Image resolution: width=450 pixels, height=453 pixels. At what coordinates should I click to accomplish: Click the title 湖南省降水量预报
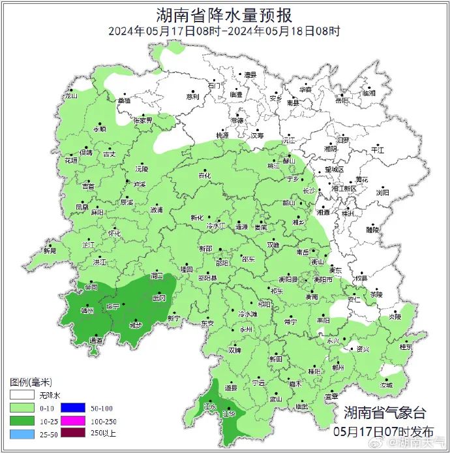224,14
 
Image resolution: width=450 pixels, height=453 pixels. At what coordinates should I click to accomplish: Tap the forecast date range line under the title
224,31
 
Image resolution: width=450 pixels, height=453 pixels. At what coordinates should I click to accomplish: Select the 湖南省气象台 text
385,413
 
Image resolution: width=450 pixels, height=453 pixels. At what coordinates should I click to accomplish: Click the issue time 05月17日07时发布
383,431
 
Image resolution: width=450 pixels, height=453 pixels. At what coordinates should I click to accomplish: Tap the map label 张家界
143,121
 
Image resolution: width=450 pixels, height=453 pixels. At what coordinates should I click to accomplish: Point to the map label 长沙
309,191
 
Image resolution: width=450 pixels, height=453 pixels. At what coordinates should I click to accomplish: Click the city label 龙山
70,96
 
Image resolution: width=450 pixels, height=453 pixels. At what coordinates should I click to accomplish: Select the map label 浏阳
382,193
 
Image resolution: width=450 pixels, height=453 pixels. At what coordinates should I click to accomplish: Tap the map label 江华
228,413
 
